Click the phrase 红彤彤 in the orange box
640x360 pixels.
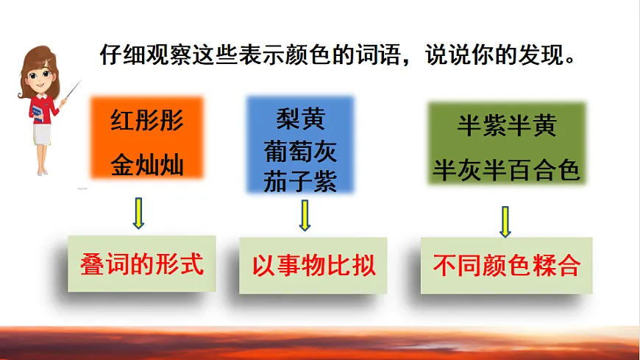tap(147, 121)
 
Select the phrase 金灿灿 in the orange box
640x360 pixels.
tap(147, 165)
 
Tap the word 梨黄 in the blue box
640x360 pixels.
tap(300, 119)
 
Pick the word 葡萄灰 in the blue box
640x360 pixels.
tap(300, 151)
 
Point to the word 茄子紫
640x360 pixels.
tap(300, 181)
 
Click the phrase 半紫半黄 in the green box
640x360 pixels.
tap(507, 125)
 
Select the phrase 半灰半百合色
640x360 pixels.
tap(506, 169)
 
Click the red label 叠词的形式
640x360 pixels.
tap(142, 264)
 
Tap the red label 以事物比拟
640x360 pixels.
tap(313, 266)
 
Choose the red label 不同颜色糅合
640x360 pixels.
tap(507, 266)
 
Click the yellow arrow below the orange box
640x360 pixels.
tap(138, 213)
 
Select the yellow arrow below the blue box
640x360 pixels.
tap(305, 216)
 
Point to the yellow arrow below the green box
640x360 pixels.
tap(505, 222)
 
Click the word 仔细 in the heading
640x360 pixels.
tap(123, 54)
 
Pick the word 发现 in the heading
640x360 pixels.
tap(541, 54)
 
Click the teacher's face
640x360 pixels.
tap(40, 77)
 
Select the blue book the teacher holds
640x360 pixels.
tap(37, 113)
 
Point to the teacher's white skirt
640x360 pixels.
tap(42, 135)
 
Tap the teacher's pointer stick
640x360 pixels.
tap(73, 90)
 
